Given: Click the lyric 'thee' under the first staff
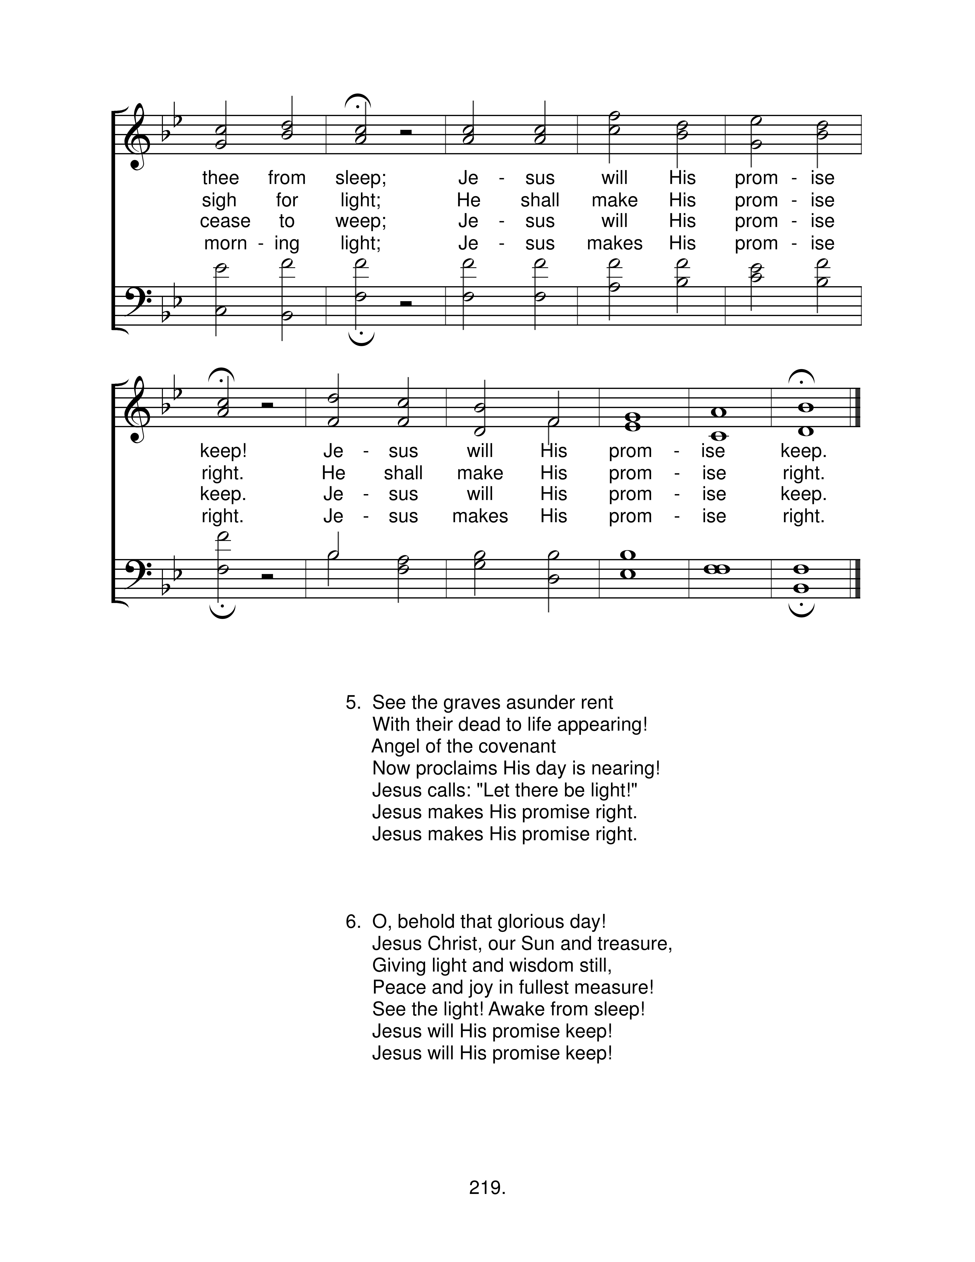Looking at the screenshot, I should pos(220,178).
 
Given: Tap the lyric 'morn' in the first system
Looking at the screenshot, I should pos(225,243).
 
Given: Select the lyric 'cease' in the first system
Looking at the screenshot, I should pos(225,221).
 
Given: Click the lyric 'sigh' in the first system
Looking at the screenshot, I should pos(219,200).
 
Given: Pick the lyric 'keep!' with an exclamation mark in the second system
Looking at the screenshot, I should pos(223,451).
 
